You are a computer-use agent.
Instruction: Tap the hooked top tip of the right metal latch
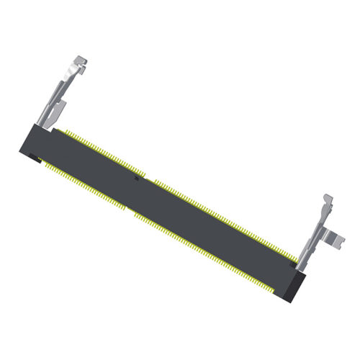[x=327, y=197]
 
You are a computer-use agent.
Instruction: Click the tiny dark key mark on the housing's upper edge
[x=136, y=178]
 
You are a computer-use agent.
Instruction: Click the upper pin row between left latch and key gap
[x=101, y=152]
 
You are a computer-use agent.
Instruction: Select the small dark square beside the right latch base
[x=292, y=266]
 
